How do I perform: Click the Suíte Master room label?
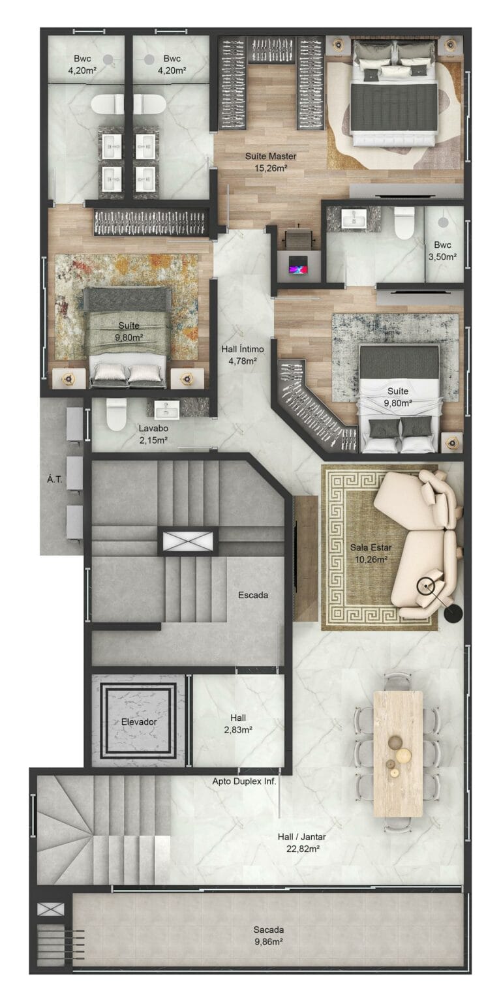click(271, 156)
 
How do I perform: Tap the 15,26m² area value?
click(271, 169)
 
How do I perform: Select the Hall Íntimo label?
click(243, 349)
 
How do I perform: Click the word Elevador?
click(139, 721)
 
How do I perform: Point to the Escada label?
click(253, 595)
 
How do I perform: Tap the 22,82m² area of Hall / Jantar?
click(302, 849)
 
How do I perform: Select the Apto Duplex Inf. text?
click(244, 782)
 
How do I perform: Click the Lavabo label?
click(153, 428)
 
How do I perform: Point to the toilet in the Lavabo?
click(116, 414)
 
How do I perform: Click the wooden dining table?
click(398, 754)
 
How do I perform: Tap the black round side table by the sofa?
click(453, 613)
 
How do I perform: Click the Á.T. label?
click(55, 479)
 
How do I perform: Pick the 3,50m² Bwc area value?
click(442, 257)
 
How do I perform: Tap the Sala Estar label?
click(371, 547)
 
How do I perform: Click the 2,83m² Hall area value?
click(238, 729)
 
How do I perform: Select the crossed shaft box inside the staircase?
click(187, 541)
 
